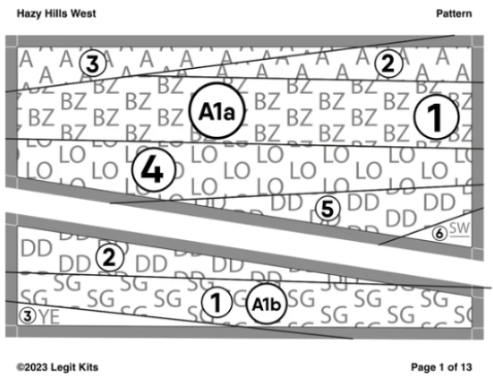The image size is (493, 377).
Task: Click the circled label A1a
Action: tap(217, 113)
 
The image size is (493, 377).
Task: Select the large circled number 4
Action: tap(154, 170)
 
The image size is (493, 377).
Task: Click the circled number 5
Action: tap(327, 210)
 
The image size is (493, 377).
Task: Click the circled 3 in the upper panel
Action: tap(92, 64)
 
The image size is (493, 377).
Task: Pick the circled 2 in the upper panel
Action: tap(387, 63)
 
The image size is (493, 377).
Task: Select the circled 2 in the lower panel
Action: tap(109, 258)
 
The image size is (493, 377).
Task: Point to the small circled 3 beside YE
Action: tap(28, 315)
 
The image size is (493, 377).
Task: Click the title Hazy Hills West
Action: tap(56, 14)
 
